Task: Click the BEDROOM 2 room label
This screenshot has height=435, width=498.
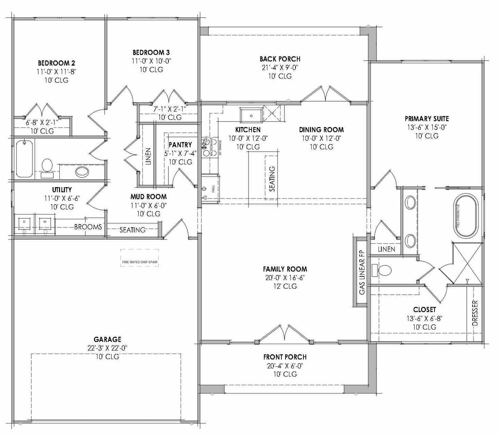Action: [x=56, y=63]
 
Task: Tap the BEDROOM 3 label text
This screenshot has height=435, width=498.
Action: [x=151, y=52]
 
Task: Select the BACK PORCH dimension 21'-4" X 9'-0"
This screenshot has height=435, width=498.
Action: [x=280, y=68]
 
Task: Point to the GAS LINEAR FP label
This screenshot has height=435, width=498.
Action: [x=361, y=272]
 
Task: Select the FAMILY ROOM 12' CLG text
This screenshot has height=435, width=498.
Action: [x=285, y=286]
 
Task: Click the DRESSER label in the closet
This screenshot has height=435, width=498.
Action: [x=476, y=313]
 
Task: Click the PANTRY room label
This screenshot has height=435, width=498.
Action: [x=180, y=145]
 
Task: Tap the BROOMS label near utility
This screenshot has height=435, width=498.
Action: [x=88, y=227]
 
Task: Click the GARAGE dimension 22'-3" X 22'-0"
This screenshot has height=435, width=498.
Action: [x=107, y=348]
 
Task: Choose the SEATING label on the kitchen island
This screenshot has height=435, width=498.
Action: [x=272, y=178]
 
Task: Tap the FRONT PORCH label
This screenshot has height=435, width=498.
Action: [x=285, y=357]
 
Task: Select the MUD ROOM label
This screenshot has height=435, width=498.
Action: [x=149, y=197]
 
